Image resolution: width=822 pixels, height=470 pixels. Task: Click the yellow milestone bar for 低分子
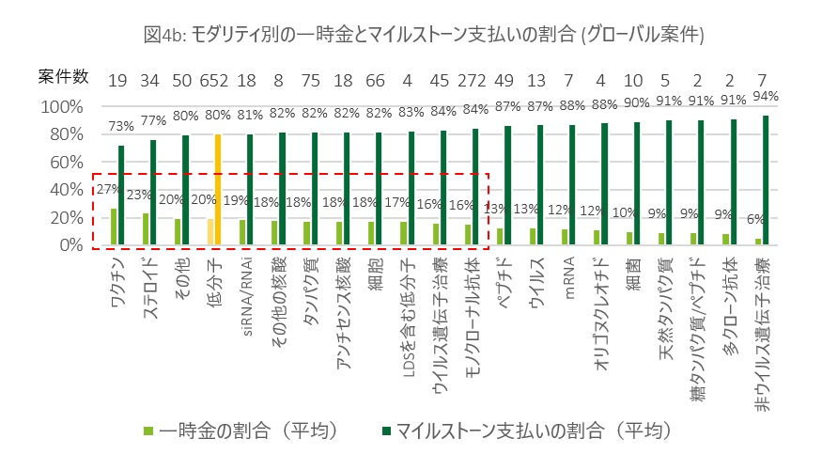coord(218,189)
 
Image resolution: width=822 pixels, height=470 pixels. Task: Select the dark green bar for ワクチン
coord(121,195)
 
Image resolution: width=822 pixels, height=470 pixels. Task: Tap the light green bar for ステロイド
coord(146,228)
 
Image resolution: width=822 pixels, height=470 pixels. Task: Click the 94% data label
coord(767,96)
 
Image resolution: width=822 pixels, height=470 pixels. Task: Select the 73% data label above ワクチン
coord(119,126)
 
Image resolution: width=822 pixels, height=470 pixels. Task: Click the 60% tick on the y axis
coord(67,162)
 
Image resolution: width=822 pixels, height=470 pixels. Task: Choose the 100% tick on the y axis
coord(63,106)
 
